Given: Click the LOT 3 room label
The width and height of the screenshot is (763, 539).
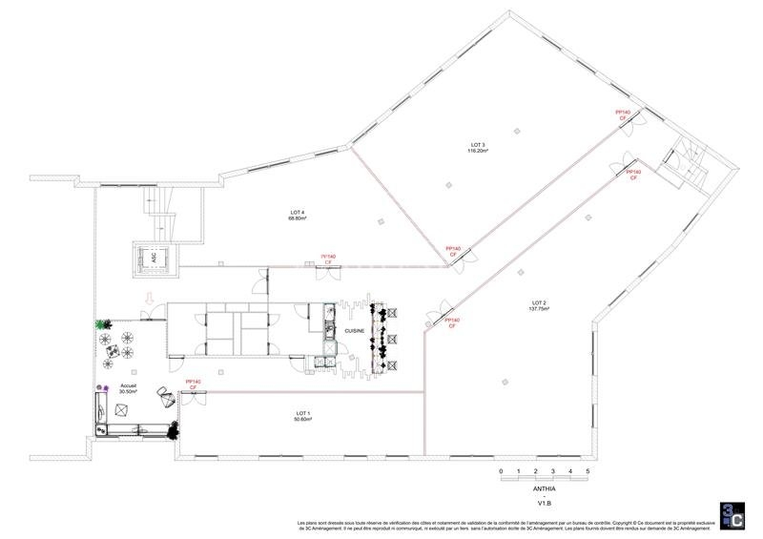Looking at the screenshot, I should [x=477, y=145].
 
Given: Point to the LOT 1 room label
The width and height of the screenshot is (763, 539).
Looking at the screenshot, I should [x=304, y=413].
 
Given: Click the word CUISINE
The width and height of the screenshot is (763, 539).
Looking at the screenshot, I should [x=355, y=329].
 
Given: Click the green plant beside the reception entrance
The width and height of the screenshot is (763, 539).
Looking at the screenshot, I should [x=100, y=325].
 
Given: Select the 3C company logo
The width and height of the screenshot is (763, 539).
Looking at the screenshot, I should [x=730, y=513].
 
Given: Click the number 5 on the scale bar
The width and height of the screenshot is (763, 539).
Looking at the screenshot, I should [x=588, y=472].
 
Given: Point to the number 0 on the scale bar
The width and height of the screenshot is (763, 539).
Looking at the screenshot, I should [x=500, y=472].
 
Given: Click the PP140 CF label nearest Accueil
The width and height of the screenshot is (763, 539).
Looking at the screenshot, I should [x=193, y=384].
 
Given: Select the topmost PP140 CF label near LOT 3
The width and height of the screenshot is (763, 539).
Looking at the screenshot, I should [x=624, y=114].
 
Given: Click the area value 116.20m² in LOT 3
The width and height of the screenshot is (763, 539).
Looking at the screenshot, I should [x=477, y=151].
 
